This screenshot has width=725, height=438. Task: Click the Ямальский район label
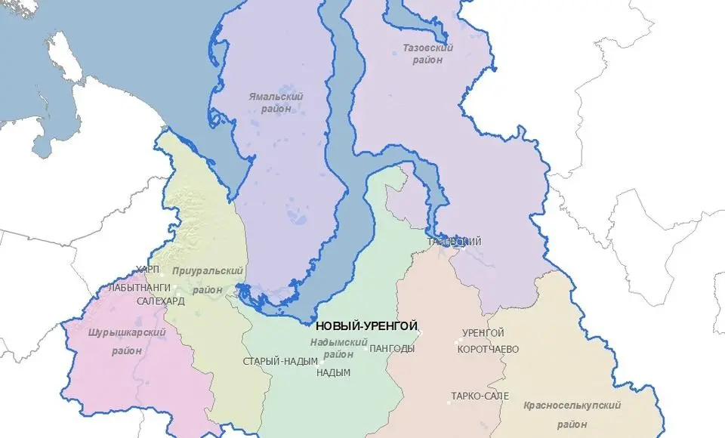tap(276, 102)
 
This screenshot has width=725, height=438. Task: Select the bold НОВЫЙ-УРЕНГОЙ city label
tap(366, 326)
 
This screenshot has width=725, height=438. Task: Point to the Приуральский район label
tap(207, 279)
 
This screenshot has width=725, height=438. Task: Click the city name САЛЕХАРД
tap(160, 301)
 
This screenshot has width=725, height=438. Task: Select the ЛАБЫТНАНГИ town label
tap(140, 288)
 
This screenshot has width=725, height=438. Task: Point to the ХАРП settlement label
tap(148, 270)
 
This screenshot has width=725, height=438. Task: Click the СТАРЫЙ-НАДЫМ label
tap(279, 361)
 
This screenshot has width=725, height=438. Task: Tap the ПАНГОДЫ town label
tap(392, 348)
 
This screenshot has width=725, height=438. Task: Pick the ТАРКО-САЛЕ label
tap(480, 396)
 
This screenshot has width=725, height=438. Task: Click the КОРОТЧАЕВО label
tap(491, 349)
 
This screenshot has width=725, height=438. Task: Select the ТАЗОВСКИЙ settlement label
tap(455, 242)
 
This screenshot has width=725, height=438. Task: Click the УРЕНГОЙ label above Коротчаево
tap(483, 333)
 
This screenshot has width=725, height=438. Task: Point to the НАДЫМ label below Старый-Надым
tap(333, 373)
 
